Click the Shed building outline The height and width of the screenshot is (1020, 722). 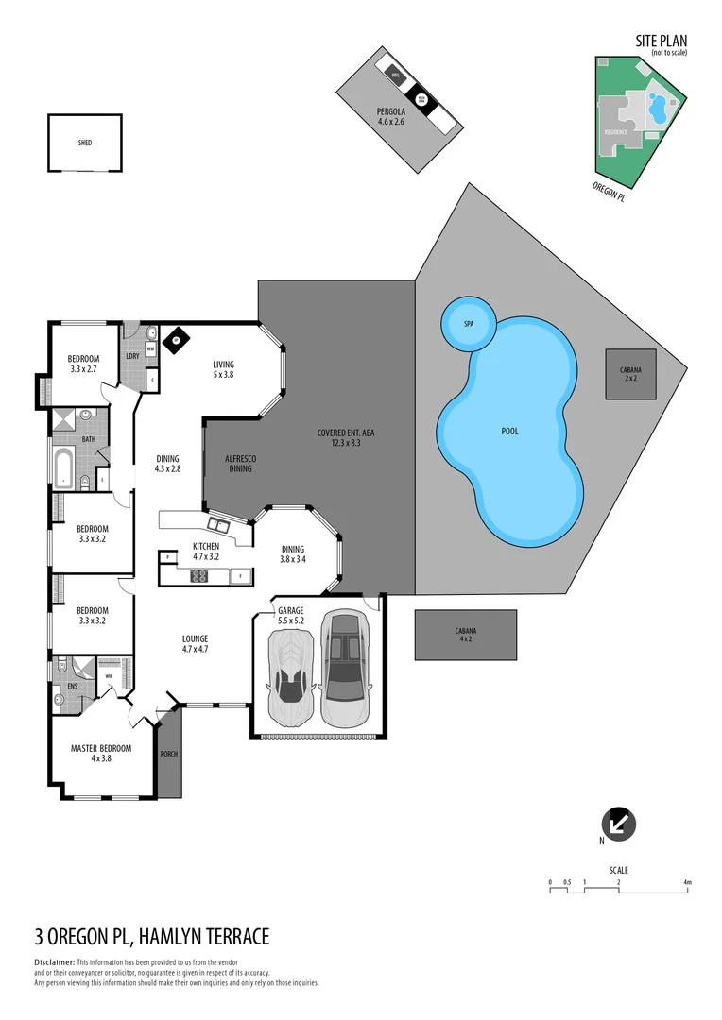pos(85,143)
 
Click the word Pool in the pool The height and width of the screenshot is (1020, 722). pos(509,432)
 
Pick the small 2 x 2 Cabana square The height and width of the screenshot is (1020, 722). pos(630,374)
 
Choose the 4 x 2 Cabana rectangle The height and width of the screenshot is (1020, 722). pos(465,635)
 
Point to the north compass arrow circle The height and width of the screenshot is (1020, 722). pos(619,824)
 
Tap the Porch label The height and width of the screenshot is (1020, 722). pos(169,754)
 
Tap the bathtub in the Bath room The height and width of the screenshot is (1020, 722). pos(63,469)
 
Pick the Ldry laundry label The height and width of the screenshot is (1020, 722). pos(132,355)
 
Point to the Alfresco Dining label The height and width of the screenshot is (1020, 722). pos(240,464)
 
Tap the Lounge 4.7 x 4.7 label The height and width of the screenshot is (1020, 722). pos(195,643)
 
